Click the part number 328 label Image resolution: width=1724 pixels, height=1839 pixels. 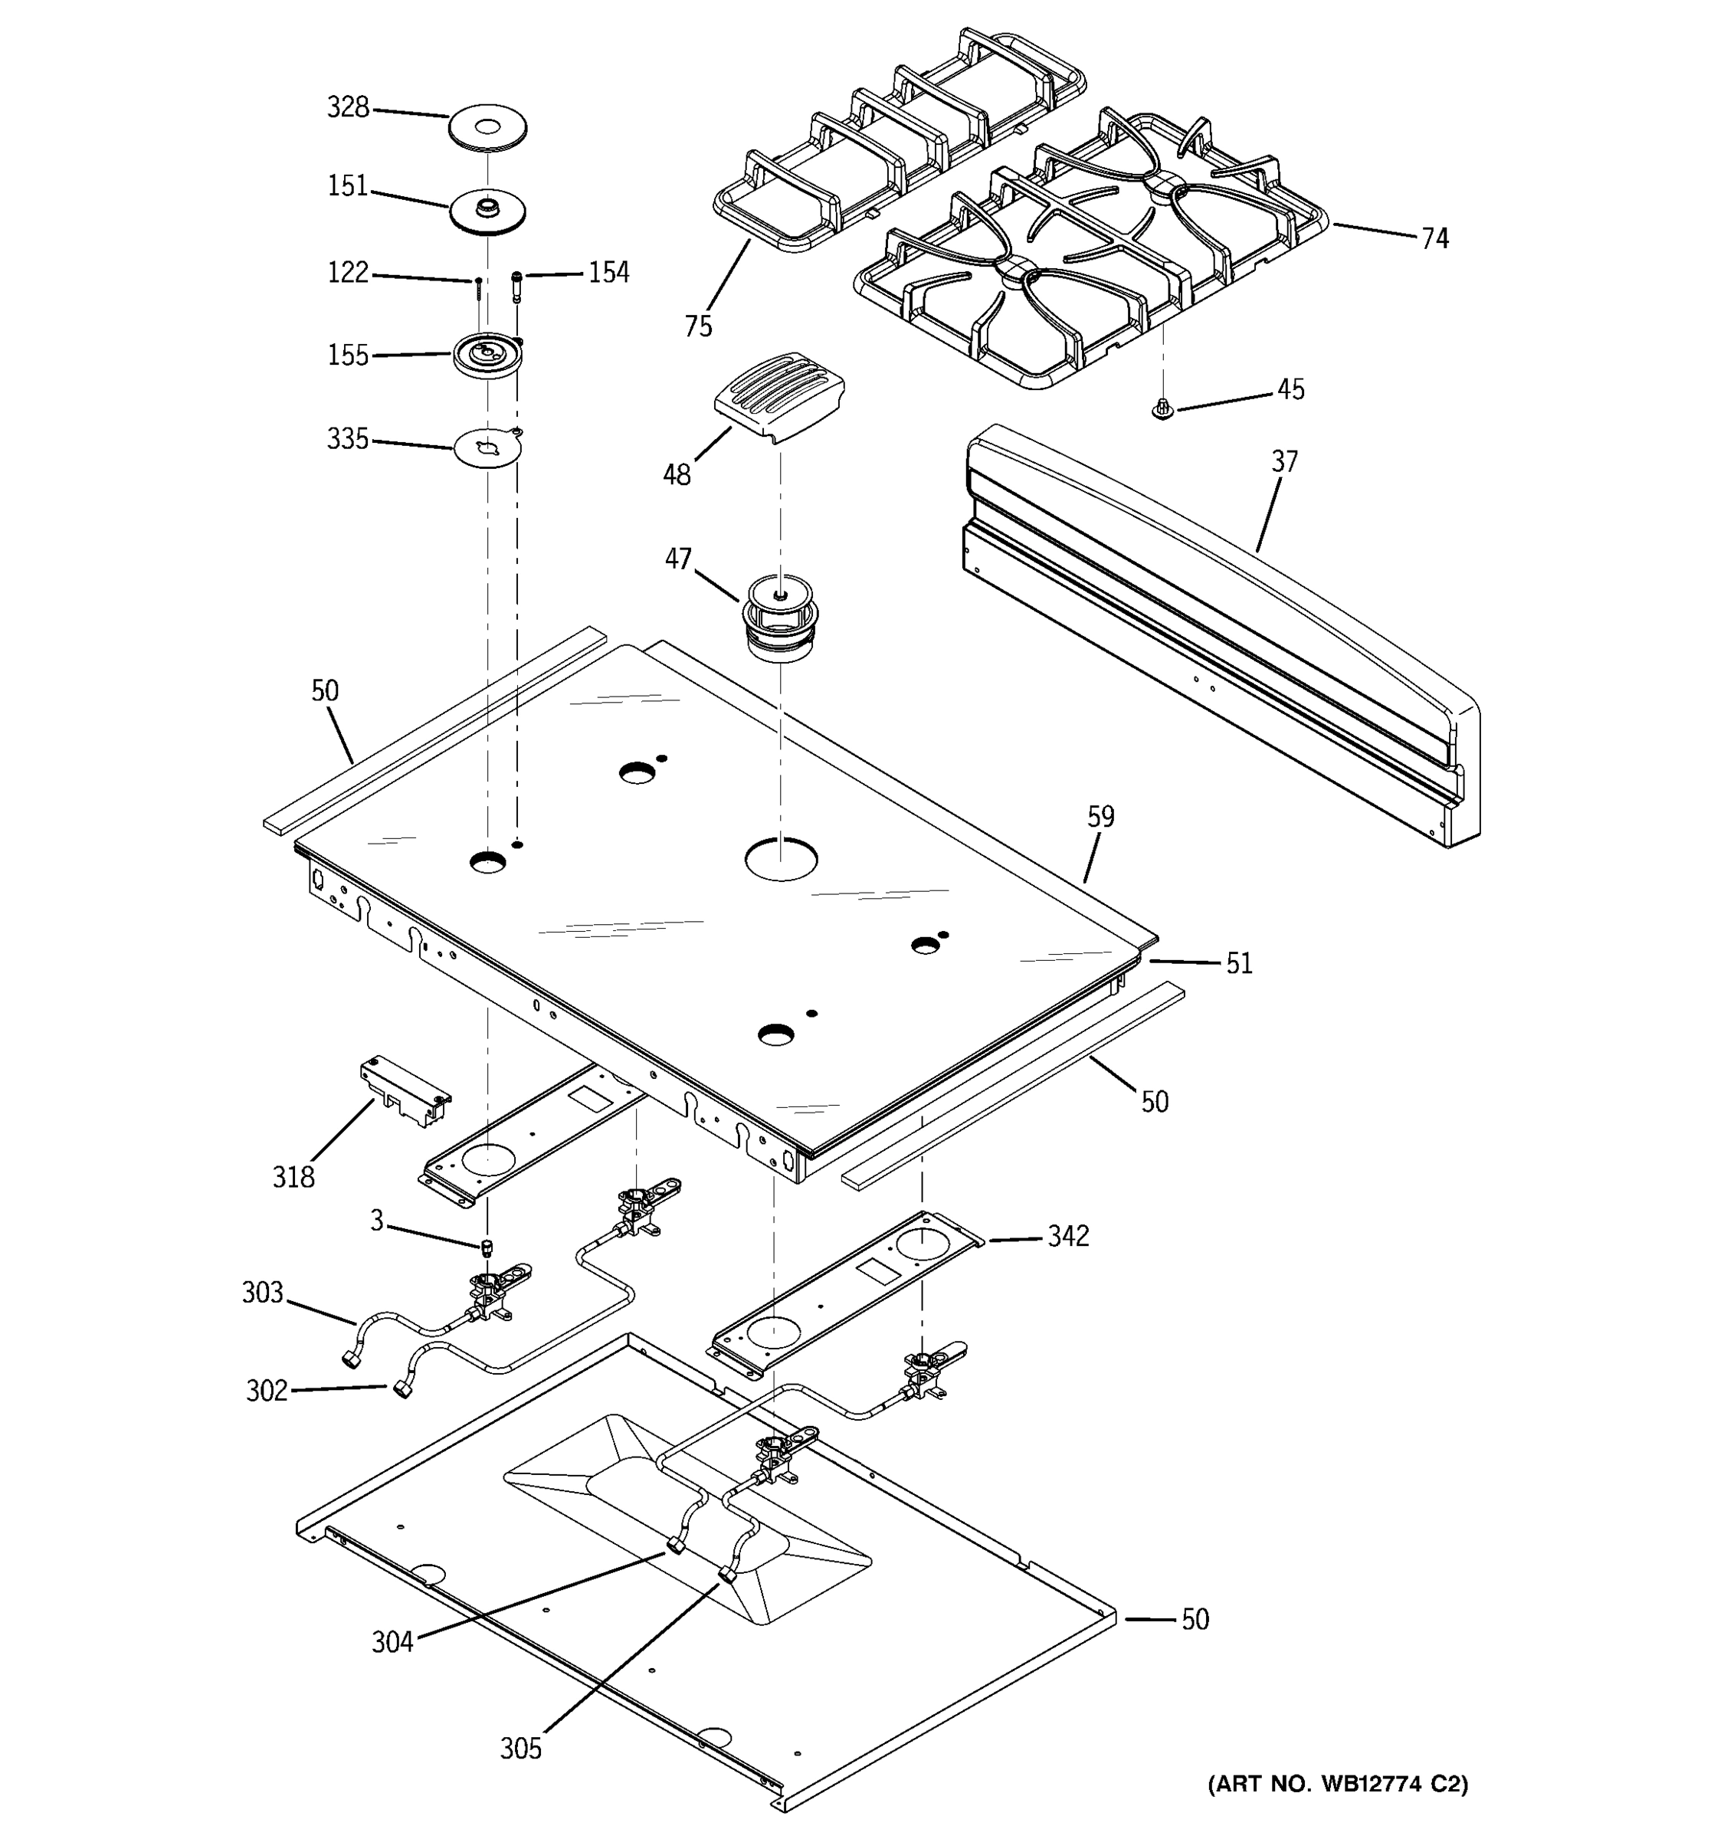coord(348,108)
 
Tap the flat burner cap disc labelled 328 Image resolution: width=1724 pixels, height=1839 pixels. coord(487,126)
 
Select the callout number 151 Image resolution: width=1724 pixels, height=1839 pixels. coord(348,187)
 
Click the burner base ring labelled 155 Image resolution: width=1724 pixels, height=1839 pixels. coord(487,356)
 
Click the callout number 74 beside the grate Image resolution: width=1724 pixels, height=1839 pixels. coord(1434,238)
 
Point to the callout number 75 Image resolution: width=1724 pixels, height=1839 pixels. coord(698,326)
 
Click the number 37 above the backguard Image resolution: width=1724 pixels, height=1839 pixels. coord(1283,461)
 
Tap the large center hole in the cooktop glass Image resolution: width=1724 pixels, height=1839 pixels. coord(782,860)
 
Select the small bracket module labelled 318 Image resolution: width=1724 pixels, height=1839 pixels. coord(404,1093)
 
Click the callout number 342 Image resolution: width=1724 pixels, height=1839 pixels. coord(1067,1236)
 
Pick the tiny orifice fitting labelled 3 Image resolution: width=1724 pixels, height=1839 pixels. coord(487,1248)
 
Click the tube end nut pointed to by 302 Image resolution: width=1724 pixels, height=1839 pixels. coord(402,1389)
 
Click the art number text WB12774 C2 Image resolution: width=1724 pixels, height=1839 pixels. coord(1337,1784)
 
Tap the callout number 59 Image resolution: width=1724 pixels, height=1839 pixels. coord(1100,817)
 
